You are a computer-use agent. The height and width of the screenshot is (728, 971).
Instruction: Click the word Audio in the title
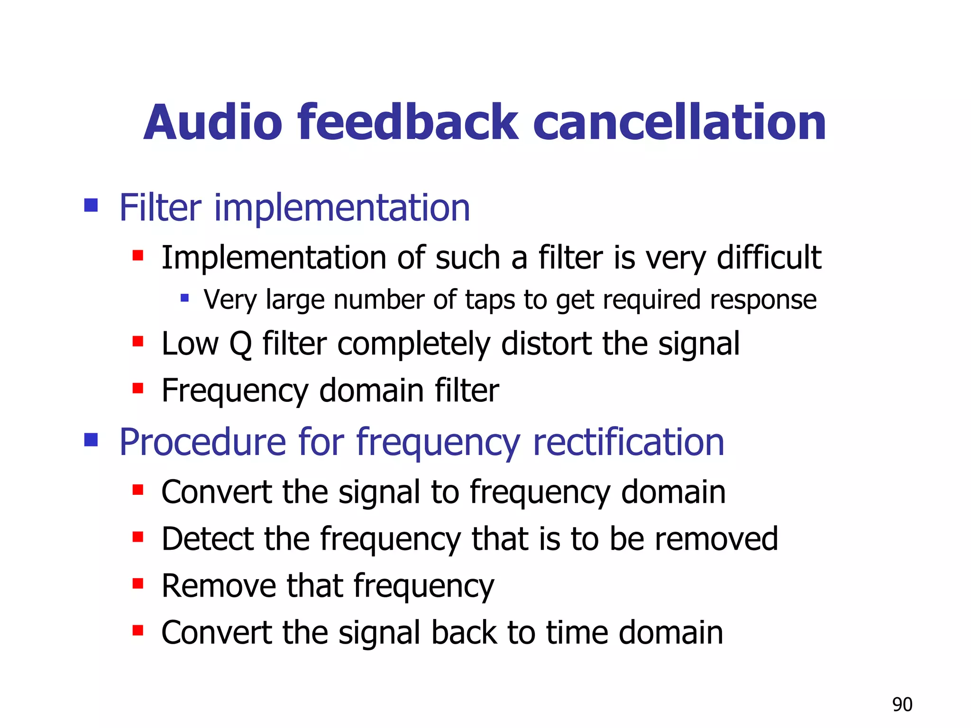(x=213, y=123)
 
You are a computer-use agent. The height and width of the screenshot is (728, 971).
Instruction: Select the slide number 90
(x=902, y=705)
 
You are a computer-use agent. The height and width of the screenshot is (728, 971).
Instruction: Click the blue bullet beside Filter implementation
(x=91, y=205)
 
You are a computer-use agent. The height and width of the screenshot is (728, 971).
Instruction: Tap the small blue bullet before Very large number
(x=185, y=298)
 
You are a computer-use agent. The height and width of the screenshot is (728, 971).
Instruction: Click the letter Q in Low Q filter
(x=240, y=344)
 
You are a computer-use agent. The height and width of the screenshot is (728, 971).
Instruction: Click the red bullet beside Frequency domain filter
(x=138, y=389)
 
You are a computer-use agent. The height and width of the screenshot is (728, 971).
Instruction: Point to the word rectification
(x=628, y=442)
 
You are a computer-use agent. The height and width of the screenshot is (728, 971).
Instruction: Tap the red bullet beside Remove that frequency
(x=138, y=583)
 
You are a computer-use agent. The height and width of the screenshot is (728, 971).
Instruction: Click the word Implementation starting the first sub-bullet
(x=274, y=258)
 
